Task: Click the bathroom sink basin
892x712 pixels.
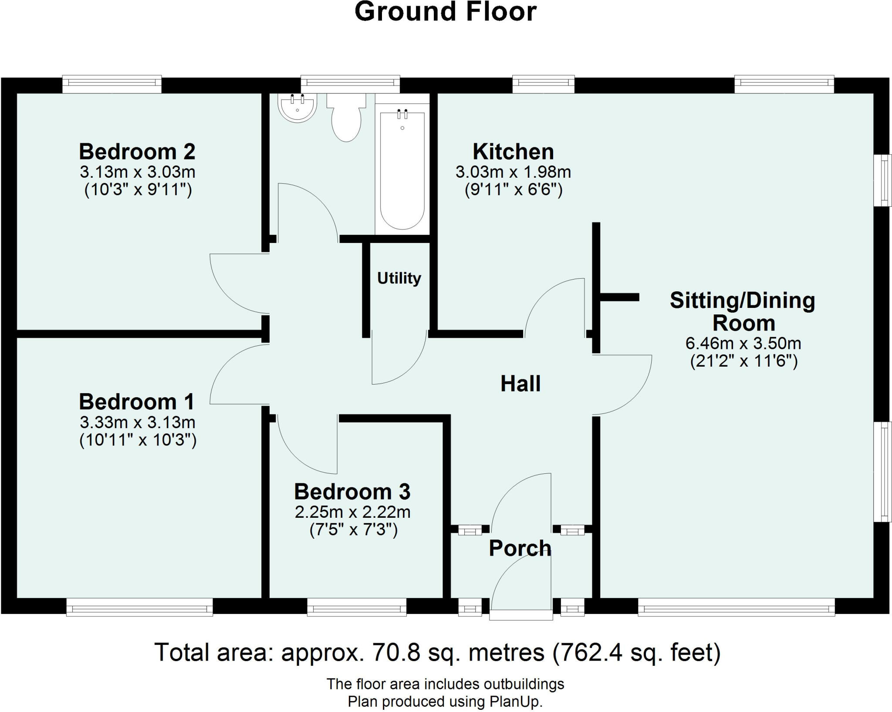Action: [x=297, y=108]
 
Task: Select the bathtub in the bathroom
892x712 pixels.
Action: [x=402, y=169]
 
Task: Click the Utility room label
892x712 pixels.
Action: [x=399, y=278]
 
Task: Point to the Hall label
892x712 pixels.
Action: [x=520, y=384]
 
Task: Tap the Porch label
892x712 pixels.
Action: [x=520, y=548]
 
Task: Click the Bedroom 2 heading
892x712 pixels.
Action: [x=137, y=152]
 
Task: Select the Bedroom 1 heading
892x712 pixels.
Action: [x=137, y=402]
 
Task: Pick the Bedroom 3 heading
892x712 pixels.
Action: [x=352, y=492]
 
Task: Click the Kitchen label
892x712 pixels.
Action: [x=514, y=152]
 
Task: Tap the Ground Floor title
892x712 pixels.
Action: [x=446, y=11]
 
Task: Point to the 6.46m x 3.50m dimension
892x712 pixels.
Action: [x=743, y=344]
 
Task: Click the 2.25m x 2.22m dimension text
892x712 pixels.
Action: [x=353, y=512]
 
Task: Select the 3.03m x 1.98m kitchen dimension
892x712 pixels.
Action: [x=514, y=172]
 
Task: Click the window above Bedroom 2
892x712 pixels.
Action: [x=112, y=84]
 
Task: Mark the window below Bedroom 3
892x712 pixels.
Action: [x=357, y=607]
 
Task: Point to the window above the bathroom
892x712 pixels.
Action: [x=350, y=84]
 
